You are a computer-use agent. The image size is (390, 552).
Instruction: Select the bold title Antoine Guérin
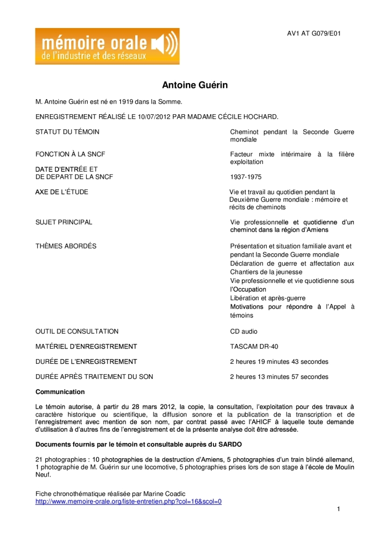pos(195,85)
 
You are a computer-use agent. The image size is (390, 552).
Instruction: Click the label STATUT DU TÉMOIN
pos(67,132)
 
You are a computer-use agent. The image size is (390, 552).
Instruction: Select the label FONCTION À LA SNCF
pos(70,154)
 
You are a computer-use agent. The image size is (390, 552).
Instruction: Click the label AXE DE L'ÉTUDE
pos(62,192)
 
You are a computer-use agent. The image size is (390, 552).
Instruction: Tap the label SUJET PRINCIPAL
pos(64,222)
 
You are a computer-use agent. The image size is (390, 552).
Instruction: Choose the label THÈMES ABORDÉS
pos(66,246)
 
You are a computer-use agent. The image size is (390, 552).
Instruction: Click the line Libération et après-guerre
pos(268,298)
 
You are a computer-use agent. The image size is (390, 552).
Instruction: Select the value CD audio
pos(245,331)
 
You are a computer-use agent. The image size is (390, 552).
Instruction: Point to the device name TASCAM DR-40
pos(254,346)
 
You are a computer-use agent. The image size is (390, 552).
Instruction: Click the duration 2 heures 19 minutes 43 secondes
pos(279,361)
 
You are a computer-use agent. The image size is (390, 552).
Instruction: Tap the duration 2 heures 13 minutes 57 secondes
pos(279,376)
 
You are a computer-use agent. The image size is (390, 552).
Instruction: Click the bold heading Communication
pos(60,391)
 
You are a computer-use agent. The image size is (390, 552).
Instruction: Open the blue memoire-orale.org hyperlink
pos(128,501)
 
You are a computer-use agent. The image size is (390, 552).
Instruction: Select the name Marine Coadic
pos(164,493)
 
